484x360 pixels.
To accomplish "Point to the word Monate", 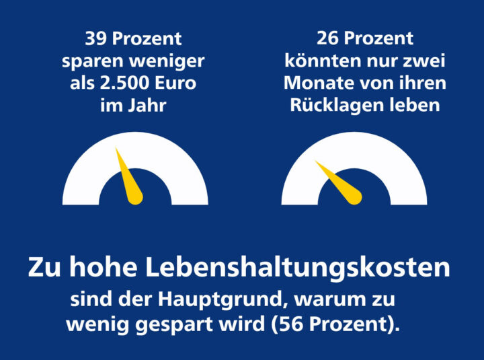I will [x=316, y=83].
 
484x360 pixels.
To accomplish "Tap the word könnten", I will [x=317, y=61].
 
